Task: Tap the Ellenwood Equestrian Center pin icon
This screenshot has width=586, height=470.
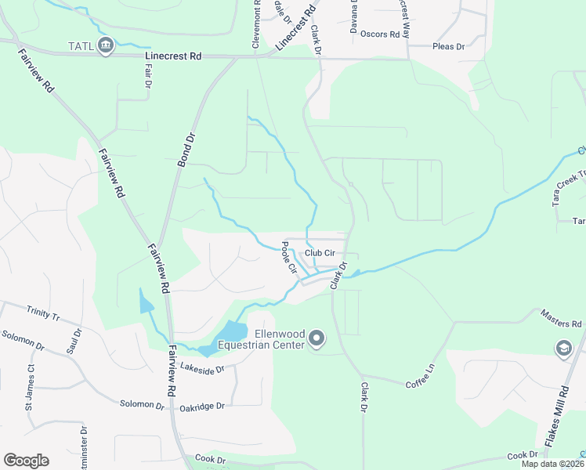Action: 317,338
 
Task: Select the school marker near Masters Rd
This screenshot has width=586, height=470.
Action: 563,349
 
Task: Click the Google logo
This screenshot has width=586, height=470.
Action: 26,461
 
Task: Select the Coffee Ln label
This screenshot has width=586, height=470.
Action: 419,384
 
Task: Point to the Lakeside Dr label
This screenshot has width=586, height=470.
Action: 202,367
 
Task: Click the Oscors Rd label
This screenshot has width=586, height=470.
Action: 384,34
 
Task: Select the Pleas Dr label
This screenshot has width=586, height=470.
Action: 448,46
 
